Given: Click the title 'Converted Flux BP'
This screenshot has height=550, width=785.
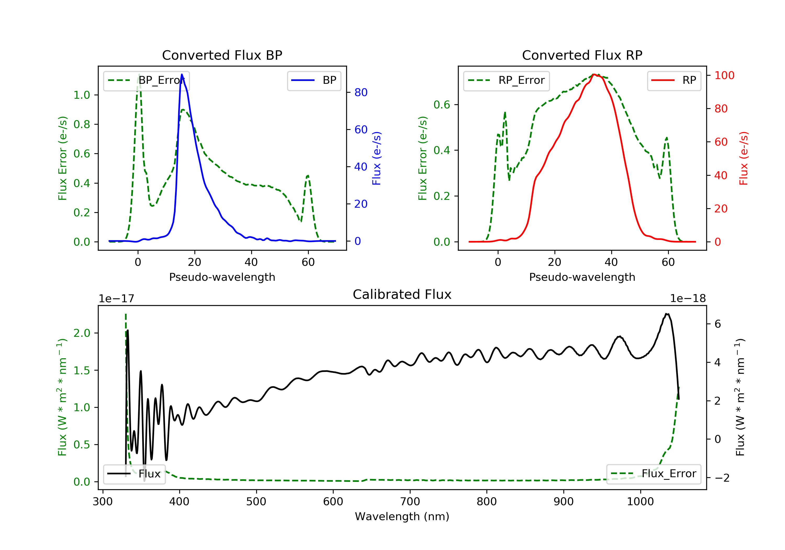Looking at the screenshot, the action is coord(222,55).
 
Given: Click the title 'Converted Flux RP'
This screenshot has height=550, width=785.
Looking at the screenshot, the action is coord(582,55).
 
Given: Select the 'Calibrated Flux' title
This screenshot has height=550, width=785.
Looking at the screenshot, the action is coord(402,294).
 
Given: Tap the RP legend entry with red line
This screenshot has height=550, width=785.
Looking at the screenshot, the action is coord(674,80).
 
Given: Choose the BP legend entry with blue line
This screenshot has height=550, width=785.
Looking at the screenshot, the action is coord(314,80).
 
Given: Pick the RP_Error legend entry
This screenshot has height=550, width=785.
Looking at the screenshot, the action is coord(506,80).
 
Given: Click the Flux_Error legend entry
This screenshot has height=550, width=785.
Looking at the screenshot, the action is coord(653,474).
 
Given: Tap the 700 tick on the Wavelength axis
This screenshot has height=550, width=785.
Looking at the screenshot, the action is coord(410,502).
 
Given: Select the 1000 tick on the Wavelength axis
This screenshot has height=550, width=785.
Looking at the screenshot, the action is coord(640,502).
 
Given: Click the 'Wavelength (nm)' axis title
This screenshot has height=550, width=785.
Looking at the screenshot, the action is coord(402,516).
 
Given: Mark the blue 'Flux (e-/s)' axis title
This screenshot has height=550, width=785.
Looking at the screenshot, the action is coord(377,158).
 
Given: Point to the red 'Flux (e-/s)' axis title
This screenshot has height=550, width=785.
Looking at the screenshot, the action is coord(744,158).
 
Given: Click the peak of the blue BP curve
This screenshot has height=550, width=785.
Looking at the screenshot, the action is coord(182,74).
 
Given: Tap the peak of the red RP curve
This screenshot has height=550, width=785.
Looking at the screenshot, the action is coord(594,74).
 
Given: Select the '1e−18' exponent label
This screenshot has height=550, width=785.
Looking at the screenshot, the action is coord(688,299).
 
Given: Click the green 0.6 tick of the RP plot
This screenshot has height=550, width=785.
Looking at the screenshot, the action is coord(442,105).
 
